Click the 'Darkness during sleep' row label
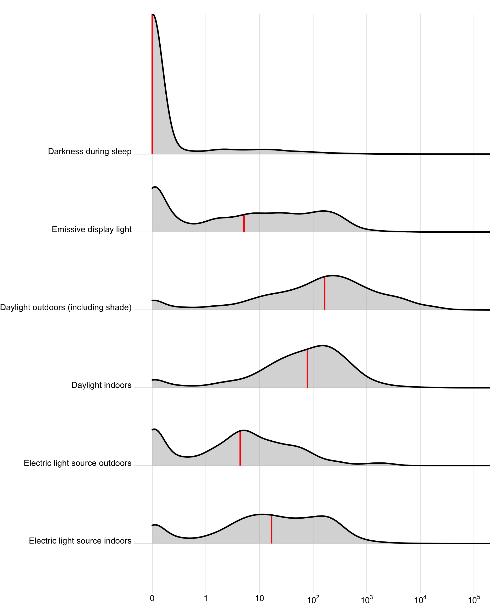pyautogui.click(x=90, y=152)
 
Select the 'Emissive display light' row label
pyautogui.click(x=92, y=229)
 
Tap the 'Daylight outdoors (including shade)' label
pyautogui.click(x=66, y=307)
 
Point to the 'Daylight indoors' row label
pyautogui.click(x=101, y=385)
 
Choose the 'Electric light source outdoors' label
pyautogui.click(x=77, y=463)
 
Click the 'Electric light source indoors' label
pyautogui.click(x=80, y=541)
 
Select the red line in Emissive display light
pyautogui.click(x=244, y=223)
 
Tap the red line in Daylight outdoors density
pyautogui.click(x=324, y=293)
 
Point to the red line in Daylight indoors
pyautogui.click(x=308, y=368)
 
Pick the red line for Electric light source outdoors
pyautogui.click(x=240, y=448)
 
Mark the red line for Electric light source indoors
pyautogui.click(x=271, y=530)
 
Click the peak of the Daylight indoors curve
pyautogui.click(x=323, y=345)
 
